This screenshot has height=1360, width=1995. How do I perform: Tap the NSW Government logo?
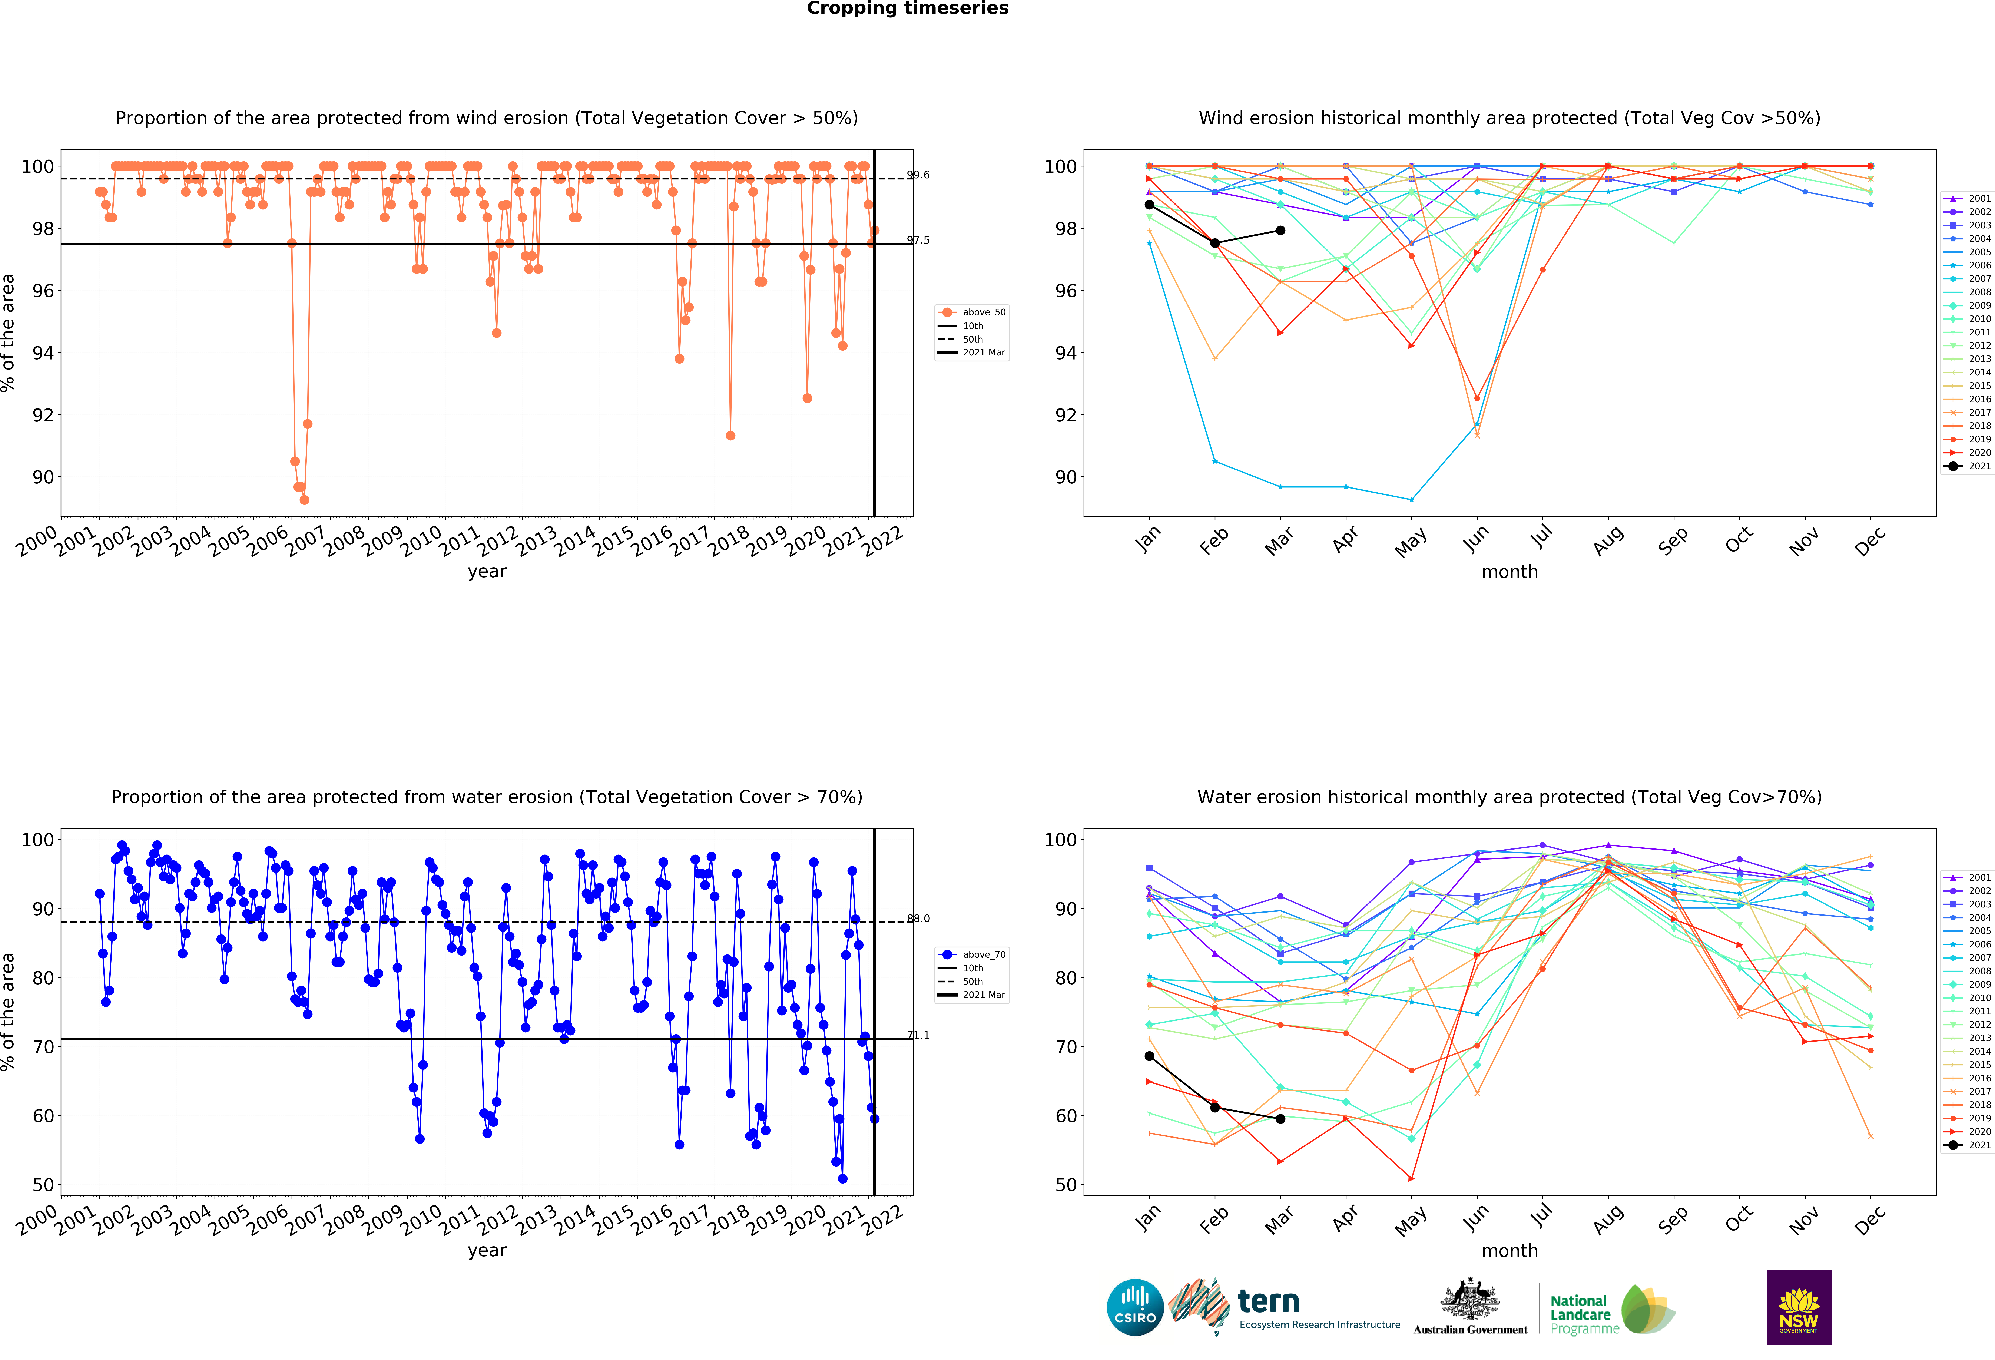pos(1798,1307)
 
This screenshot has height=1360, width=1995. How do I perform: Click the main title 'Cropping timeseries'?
pos(907,9)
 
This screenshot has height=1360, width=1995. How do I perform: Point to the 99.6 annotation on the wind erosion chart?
pos(918,175)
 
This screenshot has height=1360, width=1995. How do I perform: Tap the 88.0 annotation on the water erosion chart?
pos(918,919)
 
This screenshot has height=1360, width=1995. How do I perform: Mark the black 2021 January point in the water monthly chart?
pos(1149,1056)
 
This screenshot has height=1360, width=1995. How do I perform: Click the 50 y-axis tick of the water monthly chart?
pos(1065,1185)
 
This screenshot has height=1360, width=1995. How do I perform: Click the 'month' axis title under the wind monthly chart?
pos(1509,572)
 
